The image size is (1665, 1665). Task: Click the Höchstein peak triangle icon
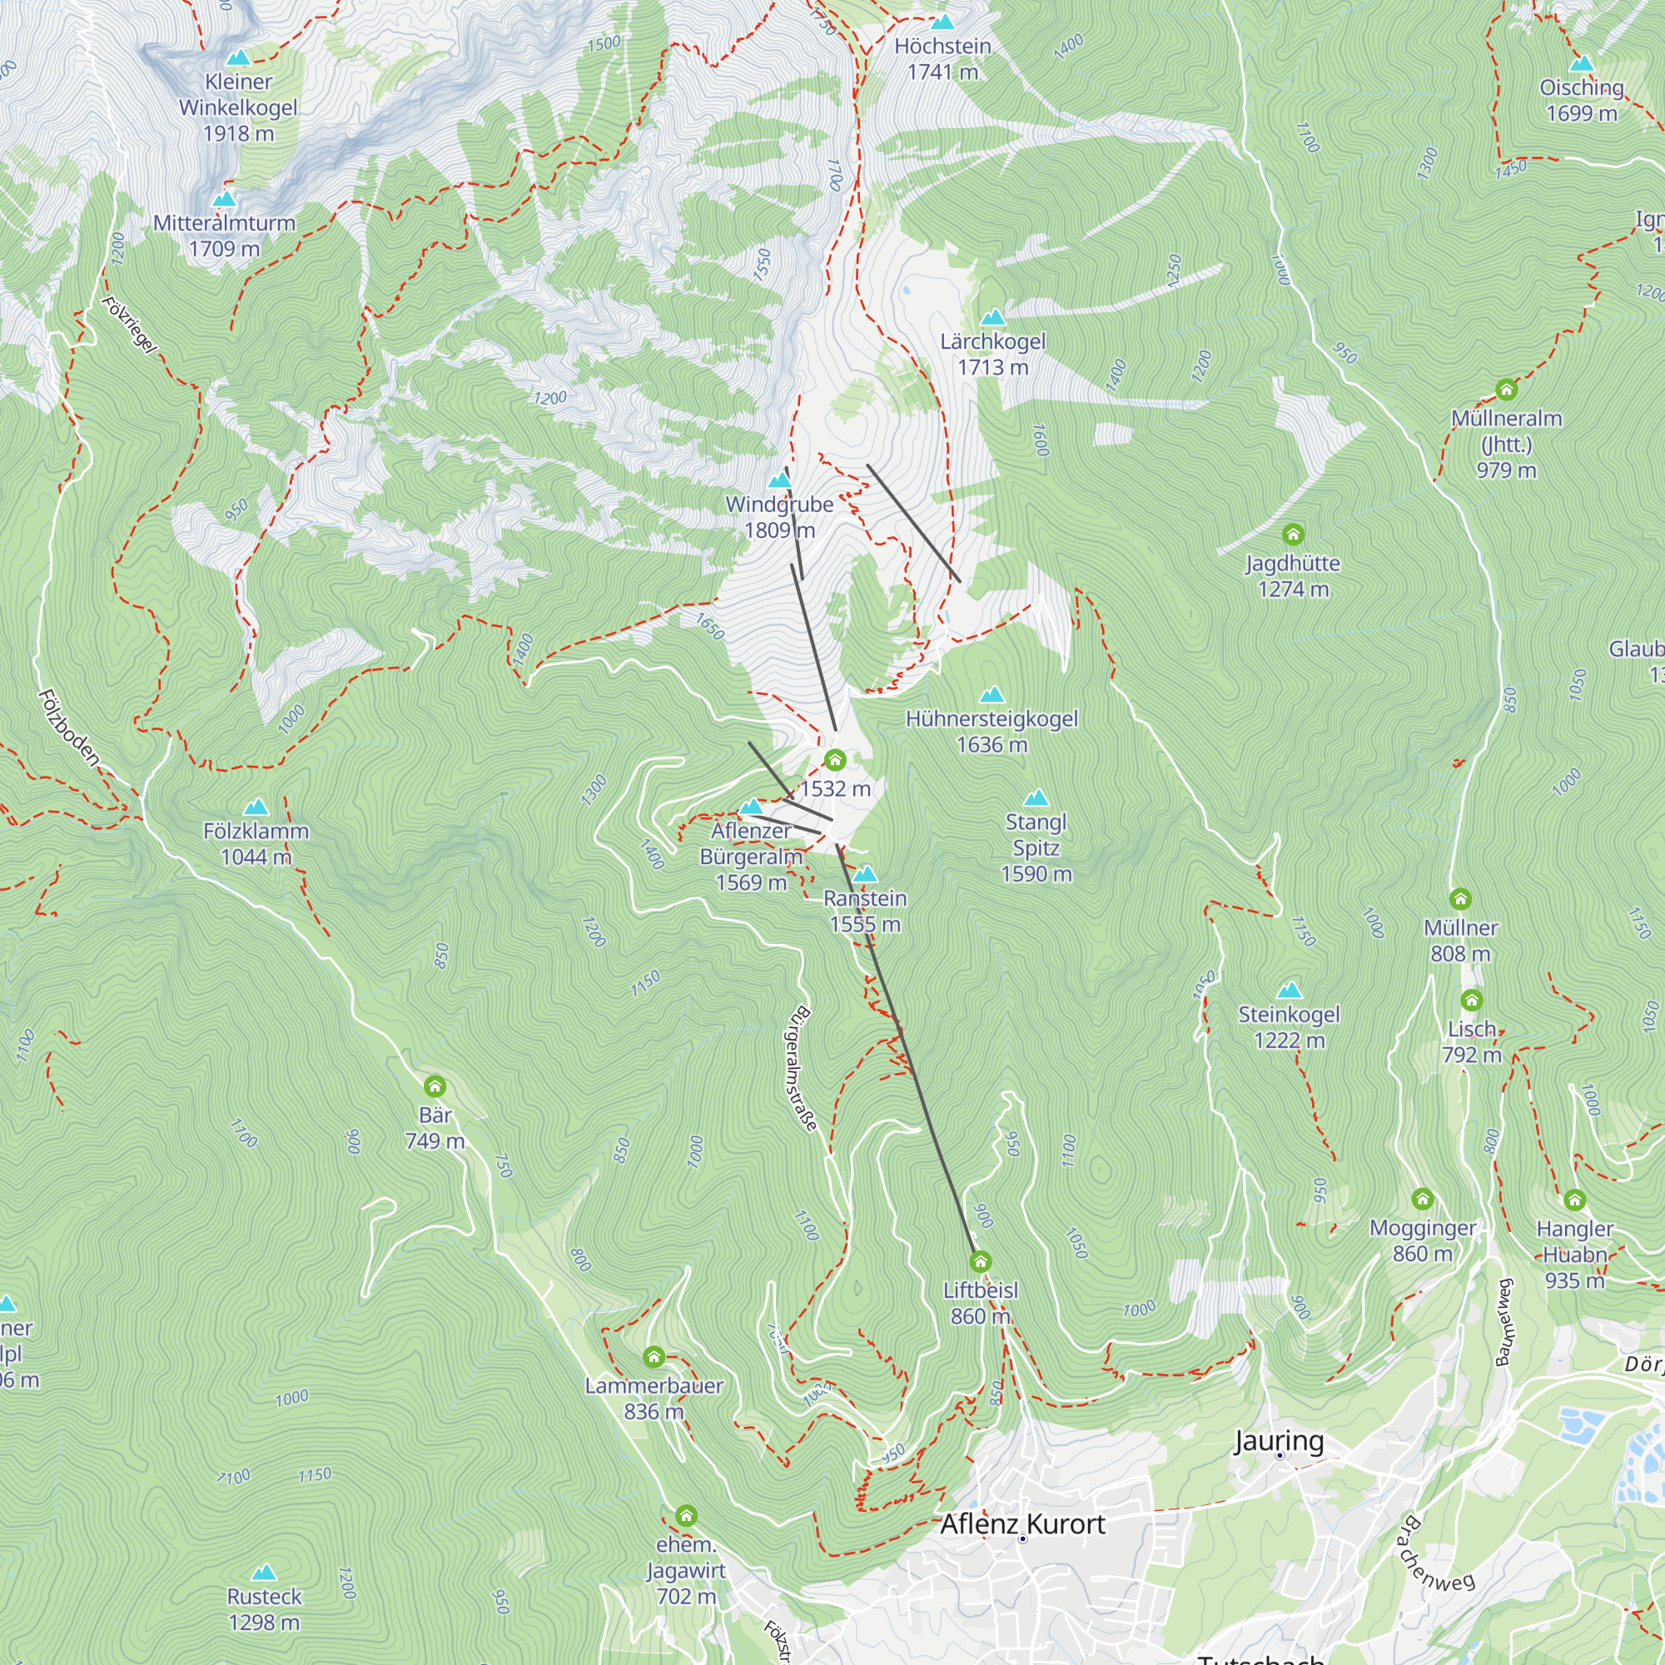[943, 22]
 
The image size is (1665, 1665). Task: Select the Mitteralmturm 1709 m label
[224, 236]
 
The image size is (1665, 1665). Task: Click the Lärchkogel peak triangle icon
[993, 318]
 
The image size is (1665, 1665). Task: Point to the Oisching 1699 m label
[1582, 100]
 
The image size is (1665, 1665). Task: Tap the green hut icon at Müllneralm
[1505, 390]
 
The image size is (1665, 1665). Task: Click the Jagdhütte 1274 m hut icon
[1293, 535]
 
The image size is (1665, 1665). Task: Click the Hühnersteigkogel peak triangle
[992, 694]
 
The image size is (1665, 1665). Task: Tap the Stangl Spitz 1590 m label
[1036, 847]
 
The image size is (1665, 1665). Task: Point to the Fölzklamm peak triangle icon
[256, 808]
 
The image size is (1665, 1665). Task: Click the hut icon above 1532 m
[834, 760]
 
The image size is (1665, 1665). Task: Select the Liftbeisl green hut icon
[980, 1263]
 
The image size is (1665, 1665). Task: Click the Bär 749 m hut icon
[435, 1086]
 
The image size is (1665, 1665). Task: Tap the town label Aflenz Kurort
[1022, 1524]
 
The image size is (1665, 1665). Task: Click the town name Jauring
[1278, 1441]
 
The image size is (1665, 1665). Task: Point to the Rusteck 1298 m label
[264, 1609]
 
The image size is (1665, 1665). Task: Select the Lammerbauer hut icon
[654, 1357]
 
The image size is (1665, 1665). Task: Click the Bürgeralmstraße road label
[801, 1069]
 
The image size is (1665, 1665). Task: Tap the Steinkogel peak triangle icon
[1290, 990]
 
